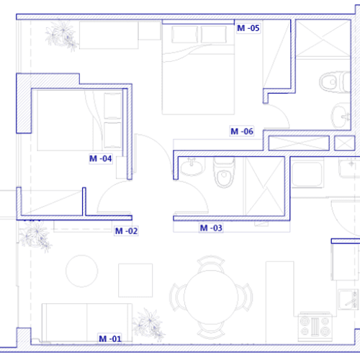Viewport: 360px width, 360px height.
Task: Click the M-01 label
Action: [110, 338]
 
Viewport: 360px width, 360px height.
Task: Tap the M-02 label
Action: [126, 231]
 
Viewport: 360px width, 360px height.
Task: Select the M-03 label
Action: [211, 228]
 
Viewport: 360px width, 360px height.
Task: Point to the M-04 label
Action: [101, 158]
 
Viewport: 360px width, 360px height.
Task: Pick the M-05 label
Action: [248, 28]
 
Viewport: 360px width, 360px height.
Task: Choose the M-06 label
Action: [242, 131]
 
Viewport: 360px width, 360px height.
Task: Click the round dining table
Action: [211, 297]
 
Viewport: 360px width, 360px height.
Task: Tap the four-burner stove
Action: [315, 326]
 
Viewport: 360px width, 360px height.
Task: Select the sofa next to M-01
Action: [87, 323]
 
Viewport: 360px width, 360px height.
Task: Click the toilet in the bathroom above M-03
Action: [224, 172]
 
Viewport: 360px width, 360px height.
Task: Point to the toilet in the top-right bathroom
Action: [335, 82]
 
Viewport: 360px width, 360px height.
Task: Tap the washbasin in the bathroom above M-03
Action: [192, 166]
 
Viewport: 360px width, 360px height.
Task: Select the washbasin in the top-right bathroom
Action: [341, 116]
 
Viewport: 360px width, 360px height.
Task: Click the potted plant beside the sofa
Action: [149, 325]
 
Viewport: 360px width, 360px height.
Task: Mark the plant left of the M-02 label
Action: [35, 237]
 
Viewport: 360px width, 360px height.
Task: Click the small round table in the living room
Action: [82, 271]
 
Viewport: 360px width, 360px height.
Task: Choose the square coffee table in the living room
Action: [135, 280]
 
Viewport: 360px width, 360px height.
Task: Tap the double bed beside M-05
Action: [198, 69]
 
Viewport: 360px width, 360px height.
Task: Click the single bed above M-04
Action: [79, 120]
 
